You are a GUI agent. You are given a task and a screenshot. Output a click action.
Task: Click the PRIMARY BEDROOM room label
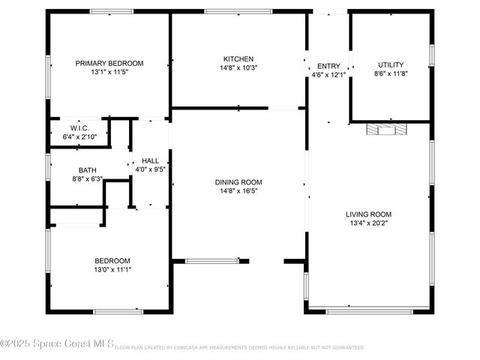click(109, 64)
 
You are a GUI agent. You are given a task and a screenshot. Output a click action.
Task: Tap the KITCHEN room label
click(238, 59)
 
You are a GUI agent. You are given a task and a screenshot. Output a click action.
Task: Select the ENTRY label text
click(328, 66)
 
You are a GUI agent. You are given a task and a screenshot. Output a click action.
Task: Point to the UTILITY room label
click(391, 64)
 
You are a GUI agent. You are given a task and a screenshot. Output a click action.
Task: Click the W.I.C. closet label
click(80, 128)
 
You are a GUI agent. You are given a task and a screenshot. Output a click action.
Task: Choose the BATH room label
click(87, 170)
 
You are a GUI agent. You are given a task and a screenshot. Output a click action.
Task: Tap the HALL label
click(150, 160)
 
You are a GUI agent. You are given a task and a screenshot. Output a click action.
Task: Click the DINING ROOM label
click(238, 182)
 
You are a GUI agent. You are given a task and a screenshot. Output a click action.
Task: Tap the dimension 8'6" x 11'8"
click(391, 74)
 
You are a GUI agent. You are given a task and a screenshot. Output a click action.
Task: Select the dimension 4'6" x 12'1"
click(328, 75)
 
